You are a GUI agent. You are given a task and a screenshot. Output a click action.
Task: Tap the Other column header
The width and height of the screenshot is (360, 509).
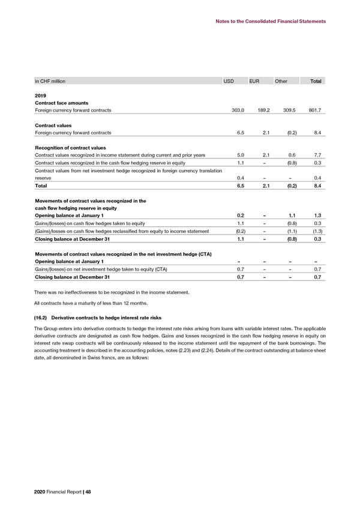point(281,81)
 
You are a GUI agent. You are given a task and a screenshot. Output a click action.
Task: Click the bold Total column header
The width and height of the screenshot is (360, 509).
point(316,81)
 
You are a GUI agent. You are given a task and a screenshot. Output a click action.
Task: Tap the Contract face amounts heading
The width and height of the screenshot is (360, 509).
point(61,103)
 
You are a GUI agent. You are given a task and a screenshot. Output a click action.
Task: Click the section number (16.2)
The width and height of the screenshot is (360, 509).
point(41,316)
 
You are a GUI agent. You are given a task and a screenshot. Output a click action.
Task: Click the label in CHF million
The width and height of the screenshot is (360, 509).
point(50,81)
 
